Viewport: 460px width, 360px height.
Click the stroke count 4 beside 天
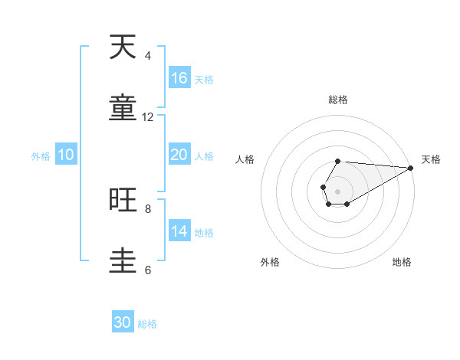point(148,56)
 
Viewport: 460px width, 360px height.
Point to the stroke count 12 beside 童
point(148,116)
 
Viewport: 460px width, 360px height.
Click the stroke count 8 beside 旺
point(148,208)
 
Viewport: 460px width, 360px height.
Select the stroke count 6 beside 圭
point(148,270)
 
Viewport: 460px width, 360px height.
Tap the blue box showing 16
point(179,78)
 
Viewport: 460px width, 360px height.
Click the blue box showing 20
point(179,155)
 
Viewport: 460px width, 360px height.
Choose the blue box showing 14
point(179,231)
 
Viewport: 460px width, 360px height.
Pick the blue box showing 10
point(66,155)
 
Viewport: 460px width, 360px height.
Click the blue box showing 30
point(123,322)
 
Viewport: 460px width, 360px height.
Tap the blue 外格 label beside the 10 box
point(41,156)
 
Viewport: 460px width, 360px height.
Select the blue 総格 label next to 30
point(147,324)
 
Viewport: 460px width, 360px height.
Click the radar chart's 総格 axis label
point(337,100)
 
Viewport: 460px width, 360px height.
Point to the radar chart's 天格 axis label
point(431,159)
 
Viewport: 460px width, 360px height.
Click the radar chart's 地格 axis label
point(402,262)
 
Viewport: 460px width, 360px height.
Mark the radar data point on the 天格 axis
point(410,168)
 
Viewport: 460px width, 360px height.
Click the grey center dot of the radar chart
point(337,190)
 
